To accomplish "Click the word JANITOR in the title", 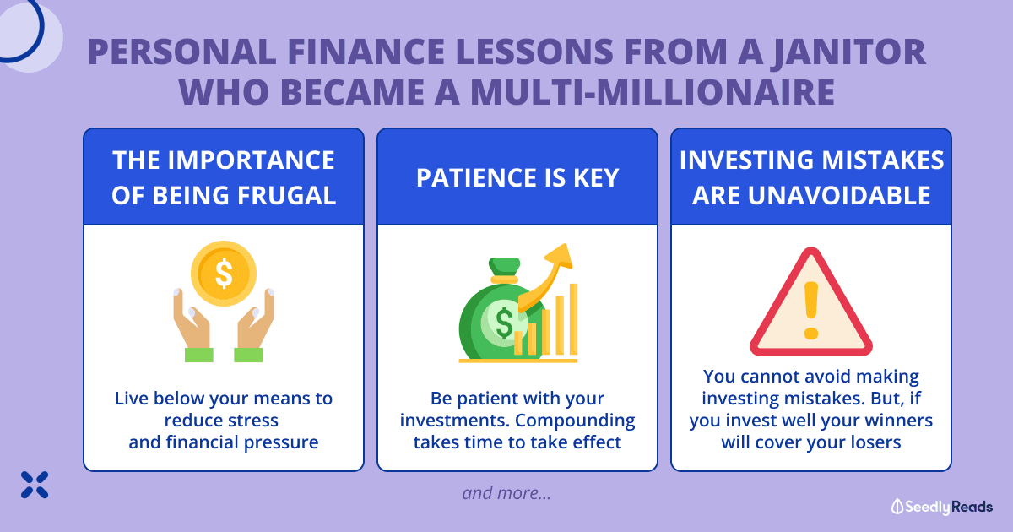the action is click(848, 53).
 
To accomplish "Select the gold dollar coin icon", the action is click(224, 274).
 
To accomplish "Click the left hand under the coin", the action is click(192, 326).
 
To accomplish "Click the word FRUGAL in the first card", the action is click(287, 196).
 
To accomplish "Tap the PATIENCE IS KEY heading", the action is click(517, 177).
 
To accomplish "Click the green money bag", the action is click(497, 312).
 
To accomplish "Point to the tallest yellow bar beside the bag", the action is click(573, 319).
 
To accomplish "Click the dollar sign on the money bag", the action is click(504, 323).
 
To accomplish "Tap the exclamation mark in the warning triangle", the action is click(811, 311).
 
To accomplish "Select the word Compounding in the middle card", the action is click(575, 421).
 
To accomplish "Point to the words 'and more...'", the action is click(506, 493).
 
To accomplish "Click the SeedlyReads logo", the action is click(942, 507).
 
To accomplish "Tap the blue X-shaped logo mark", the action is click(35, 485).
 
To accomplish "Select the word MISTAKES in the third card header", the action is click(883, 160).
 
